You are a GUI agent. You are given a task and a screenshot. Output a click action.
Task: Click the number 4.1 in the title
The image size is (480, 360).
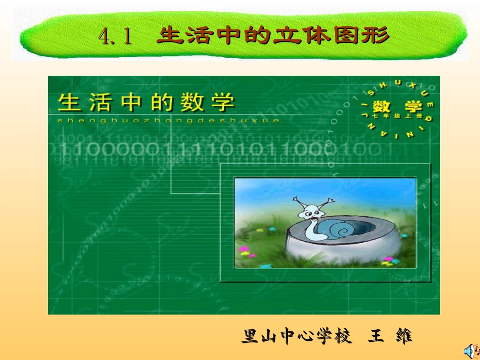pos(115,36)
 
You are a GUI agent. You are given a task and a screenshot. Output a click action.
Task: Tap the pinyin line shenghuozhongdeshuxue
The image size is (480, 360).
pos(168,121)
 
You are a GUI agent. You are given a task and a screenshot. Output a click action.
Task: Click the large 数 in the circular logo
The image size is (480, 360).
pos(385,107)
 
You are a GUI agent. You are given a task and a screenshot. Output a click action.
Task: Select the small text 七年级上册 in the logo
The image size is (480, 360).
pos(398,117)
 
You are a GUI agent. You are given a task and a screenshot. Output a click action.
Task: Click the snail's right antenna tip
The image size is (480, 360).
pos(331,201)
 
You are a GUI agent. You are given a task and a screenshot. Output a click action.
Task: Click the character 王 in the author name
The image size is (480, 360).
pos(376,336)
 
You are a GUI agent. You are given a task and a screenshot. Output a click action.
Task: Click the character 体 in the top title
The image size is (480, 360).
pos(317,35)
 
